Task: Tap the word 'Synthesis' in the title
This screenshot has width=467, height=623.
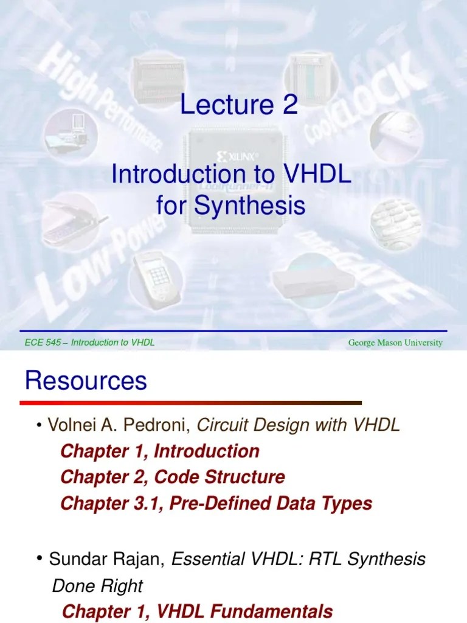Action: [249, 206]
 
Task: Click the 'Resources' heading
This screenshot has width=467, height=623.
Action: [86, 381]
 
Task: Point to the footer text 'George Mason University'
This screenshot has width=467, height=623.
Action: [395, 343]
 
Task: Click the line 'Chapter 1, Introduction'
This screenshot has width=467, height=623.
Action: [160, 451]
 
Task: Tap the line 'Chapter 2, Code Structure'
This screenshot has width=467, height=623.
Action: [172, 477]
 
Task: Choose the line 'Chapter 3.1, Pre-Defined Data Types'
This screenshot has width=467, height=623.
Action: [216, 503]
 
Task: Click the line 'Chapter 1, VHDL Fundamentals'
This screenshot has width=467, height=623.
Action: [198, 611]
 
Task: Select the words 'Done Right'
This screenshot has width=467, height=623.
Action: [98, 586]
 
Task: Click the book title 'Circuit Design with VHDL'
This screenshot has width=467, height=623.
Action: [299, 425]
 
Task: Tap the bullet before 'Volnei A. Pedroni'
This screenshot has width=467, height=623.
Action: [38, 425]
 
